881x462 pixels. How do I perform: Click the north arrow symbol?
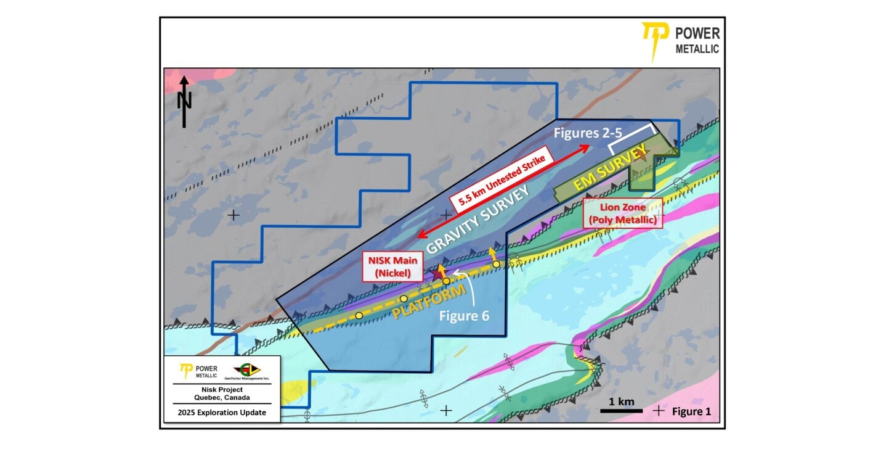coord(184,102)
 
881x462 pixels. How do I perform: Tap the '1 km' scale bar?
coord(622,410)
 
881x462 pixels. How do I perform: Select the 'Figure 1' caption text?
coord(691,411)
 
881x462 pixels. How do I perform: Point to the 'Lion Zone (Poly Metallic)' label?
coord(622,213)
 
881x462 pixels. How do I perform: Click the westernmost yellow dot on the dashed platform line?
coord(359,315)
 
